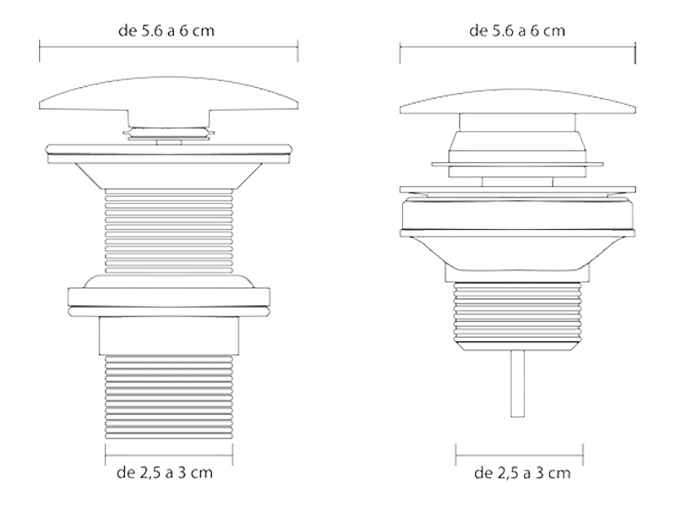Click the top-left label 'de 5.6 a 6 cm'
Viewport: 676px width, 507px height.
click(x=166, y=31)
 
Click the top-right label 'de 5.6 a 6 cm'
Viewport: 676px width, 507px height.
click(x=517, y=31)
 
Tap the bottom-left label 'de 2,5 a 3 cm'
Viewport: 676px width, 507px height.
click(x=165, y=472)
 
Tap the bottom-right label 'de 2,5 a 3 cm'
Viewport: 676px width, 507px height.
click(x=522, y=473)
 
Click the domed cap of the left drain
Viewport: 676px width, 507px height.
click(x=168, y=95)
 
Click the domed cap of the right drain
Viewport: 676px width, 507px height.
click(x=517, y=102)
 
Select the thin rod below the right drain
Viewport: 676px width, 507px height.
click(x=517, y=384)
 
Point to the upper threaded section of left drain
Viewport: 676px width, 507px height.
click(x=168, y=231)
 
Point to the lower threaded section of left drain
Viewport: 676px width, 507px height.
click(x=168, y=396)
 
